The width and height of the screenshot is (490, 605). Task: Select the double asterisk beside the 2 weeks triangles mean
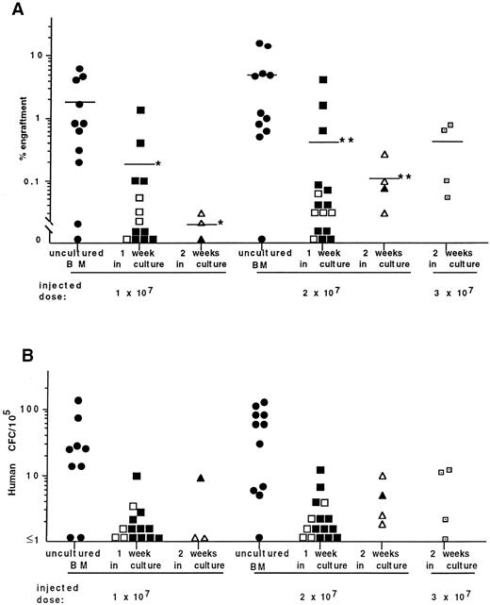[x=402, y=176]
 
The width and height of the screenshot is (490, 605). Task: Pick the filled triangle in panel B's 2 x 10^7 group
[x=382, y=496]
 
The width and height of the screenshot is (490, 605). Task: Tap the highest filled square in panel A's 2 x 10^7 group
[x=322, y=80]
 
